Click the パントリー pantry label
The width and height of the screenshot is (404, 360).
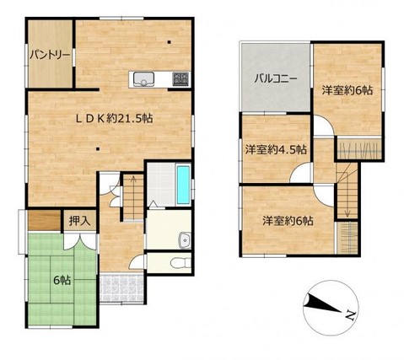click(50, 54)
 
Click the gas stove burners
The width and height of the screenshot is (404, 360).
click(180, 80)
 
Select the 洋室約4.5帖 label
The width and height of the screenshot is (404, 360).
click(277, 149)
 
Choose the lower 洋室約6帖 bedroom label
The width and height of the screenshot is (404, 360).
click(288, 220)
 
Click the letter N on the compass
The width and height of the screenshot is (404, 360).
click(350, 317)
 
